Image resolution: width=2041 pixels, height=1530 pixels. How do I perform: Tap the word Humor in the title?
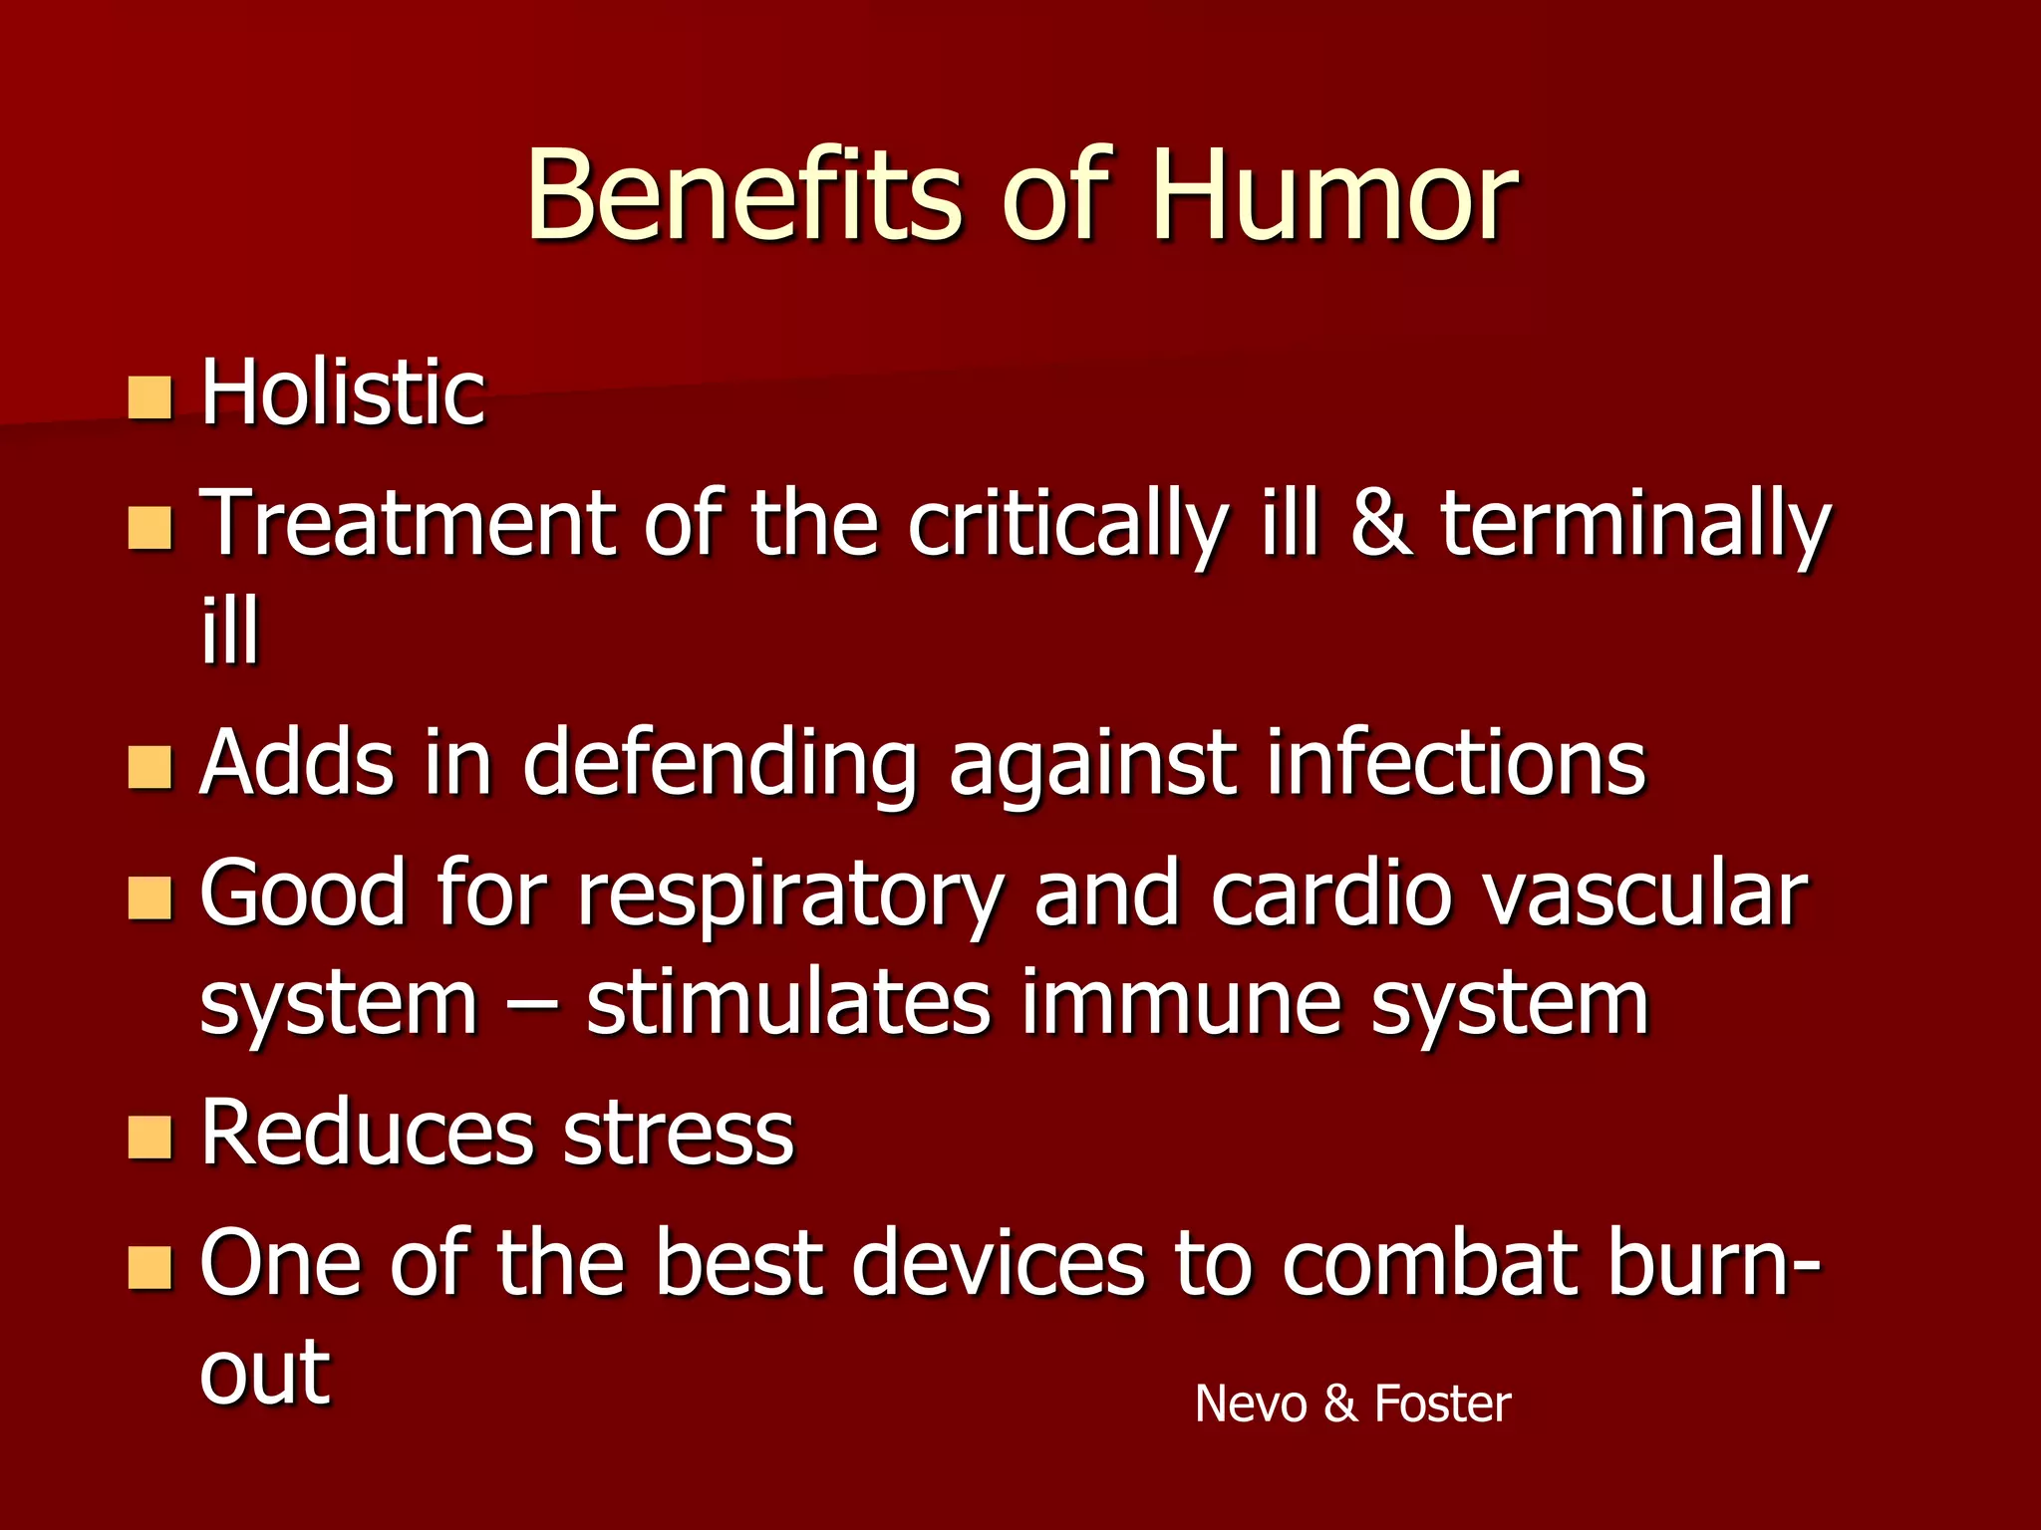(1333, 195)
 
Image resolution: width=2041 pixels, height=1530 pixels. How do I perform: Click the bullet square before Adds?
(150, 768)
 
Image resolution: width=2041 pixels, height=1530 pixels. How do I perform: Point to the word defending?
(718, 765)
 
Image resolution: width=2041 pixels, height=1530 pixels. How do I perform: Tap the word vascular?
(1644, 893)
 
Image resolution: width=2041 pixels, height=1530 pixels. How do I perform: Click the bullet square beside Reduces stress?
(150, 1139)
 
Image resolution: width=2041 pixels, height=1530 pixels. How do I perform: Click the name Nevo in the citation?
(1250, 1403)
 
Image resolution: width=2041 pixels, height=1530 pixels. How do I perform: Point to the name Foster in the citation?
(1442, 1403)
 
